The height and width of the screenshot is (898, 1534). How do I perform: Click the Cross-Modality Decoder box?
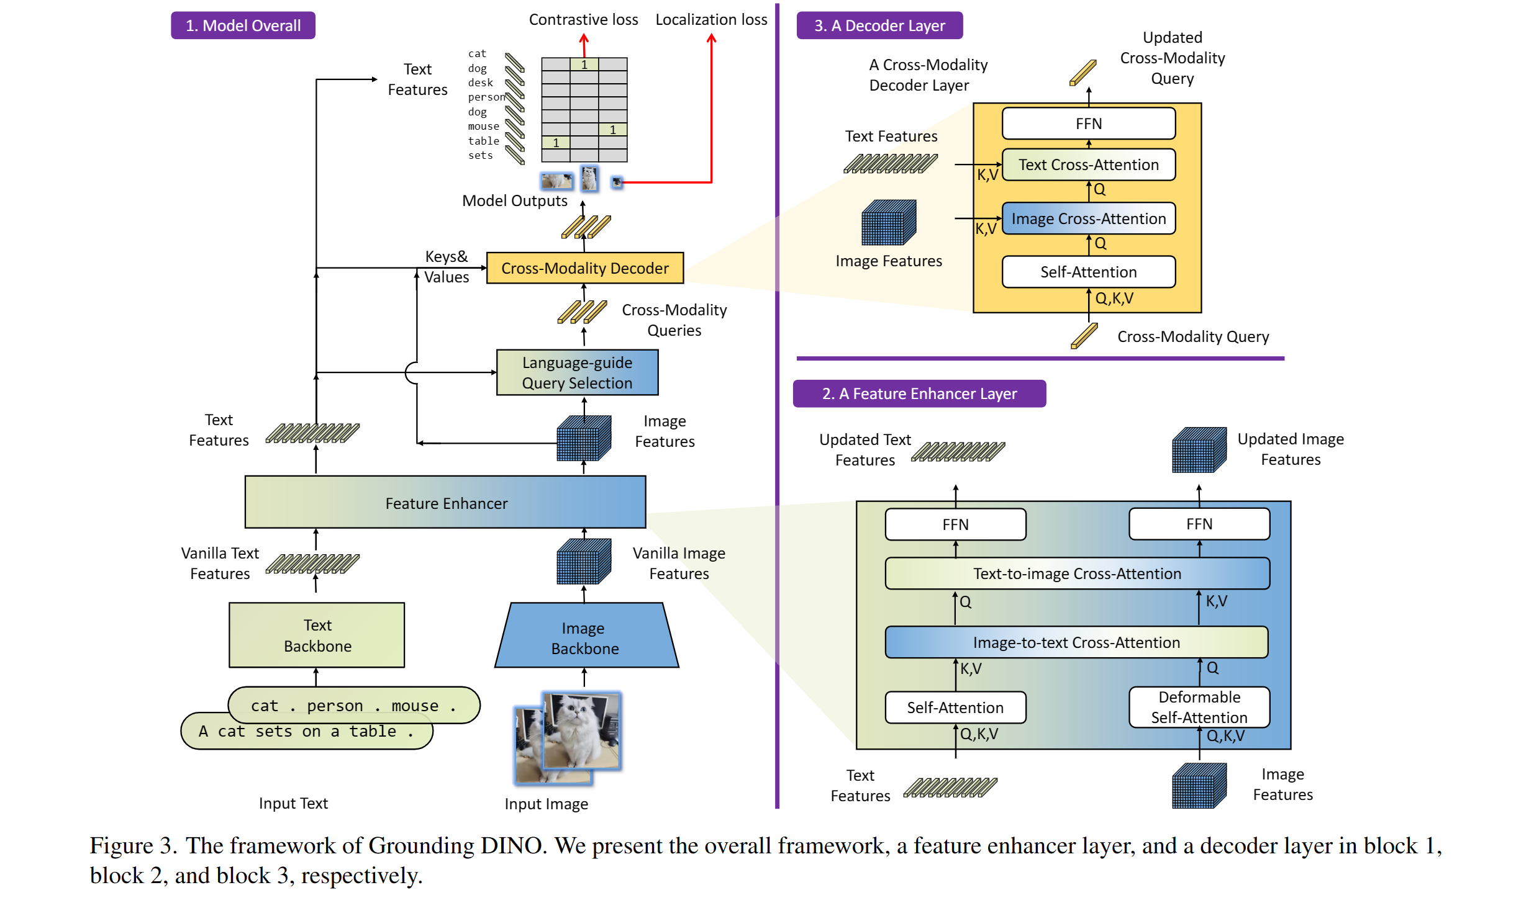(x=584, y=268)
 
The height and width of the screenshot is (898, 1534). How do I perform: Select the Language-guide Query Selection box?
(x=577, y=372)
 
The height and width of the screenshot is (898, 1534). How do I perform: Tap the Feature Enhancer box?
(x=445, y=503)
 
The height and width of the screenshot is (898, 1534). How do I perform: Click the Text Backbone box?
(x=317, y=635)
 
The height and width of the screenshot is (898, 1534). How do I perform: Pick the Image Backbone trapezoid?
(x=585, y=637)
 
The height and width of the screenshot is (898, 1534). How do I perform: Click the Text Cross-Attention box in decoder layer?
(x=1088, y=164)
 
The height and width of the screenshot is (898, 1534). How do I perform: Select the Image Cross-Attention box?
(x=1088, y=218)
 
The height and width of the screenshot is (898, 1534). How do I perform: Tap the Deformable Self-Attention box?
(x=1199, y=707)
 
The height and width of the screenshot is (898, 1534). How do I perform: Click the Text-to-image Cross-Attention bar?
(x=1076, y=573)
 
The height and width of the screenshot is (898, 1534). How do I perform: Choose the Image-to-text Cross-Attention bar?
(x=1076, y=642)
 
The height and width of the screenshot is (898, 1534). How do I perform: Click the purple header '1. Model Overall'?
(x=243, y=25)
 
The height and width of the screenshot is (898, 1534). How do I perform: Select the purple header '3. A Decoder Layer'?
(x=879, y=25)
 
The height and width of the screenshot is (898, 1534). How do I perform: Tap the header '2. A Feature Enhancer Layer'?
(x=919, y=393)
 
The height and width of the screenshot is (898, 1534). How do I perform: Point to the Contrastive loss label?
(x=583, y=19)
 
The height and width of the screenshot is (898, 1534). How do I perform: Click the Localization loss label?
(x=711, y=19)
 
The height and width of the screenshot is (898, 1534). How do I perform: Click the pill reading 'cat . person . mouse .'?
(x=353, y=705)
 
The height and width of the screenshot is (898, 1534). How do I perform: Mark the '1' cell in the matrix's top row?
(x=584, y=64)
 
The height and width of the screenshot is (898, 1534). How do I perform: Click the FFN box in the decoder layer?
(x=1088, y=123)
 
